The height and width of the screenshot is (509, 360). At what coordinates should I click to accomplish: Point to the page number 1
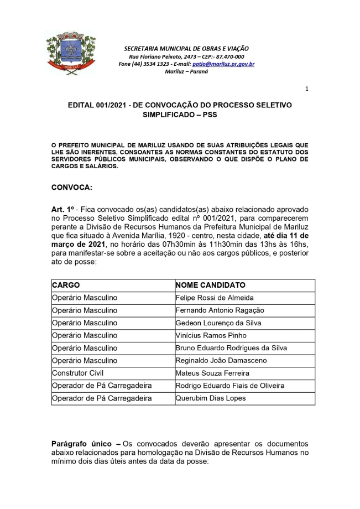point(307,89)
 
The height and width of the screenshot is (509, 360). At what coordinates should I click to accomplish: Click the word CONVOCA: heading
point(72,187)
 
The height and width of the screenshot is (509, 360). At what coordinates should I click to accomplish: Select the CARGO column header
point(66,285)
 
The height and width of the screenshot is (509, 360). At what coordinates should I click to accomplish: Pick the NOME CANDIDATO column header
point(210,285)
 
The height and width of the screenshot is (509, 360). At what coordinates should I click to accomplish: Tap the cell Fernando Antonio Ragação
point(220,310)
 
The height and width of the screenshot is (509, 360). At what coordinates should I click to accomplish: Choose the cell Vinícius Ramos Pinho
point(211,336)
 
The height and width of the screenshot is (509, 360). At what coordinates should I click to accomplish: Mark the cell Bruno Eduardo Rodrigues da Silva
point(231,348)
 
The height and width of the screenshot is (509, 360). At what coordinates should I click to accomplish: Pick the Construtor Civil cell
point(77,373)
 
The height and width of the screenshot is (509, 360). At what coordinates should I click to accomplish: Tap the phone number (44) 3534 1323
point(149,64)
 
